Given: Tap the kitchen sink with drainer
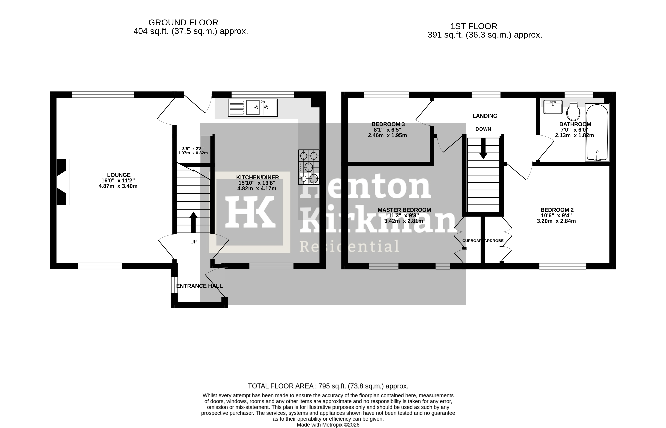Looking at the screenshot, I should pos(253,108).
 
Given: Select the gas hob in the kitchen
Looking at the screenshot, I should pos(308,167).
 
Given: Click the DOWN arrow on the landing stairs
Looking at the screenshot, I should pos(483,149).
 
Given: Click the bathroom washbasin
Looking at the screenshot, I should pos(553,107).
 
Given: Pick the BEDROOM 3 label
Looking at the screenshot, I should pos(388,124).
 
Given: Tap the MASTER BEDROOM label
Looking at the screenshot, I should pos(404,210).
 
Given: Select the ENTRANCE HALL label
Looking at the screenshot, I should pos(199,286).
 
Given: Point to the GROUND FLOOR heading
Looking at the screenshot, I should pos(183,23).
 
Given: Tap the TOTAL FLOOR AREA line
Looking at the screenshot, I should pos(328,386).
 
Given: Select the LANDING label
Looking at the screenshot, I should pos(485,116).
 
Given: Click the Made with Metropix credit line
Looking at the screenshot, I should pos(328,425).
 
